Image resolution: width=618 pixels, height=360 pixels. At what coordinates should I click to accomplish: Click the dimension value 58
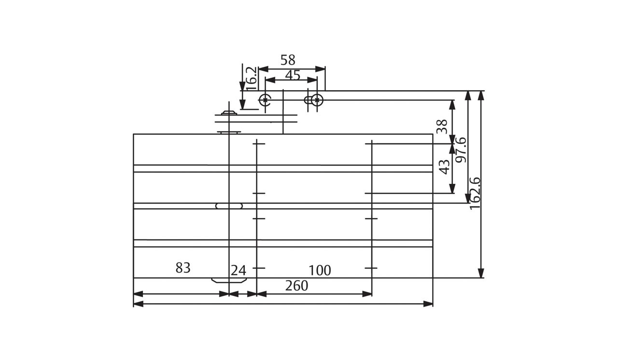[288, 60]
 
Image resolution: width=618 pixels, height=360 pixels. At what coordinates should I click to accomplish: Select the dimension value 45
[293, 75]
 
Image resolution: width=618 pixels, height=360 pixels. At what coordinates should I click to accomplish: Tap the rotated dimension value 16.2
[251, 78]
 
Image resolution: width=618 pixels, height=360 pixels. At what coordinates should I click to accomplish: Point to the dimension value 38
[442, 126]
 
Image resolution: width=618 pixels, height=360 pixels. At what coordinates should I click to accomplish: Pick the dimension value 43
[444, 167]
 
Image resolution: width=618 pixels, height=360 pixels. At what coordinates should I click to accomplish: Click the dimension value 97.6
[461, 150]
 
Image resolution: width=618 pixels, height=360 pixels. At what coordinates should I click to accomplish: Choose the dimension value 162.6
[475, 193]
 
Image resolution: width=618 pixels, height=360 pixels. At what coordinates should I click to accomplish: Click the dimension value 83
[183, 268]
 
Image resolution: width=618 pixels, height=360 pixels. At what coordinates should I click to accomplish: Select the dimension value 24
[238, 271]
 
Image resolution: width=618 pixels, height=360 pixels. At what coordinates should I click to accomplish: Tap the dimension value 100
[320, 271]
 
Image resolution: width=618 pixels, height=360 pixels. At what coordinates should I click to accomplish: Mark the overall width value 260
[296, 286]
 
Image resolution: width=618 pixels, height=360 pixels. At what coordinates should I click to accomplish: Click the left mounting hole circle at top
[265, 100]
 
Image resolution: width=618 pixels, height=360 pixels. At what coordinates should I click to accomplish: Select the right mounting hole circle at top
[317, 100]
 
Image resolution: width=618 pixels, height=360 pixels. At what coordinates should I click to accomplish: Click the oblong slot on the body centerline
[229, 206]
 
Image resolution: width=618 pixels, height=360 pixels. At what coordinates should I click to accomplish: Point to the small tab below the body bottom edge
[229, 280]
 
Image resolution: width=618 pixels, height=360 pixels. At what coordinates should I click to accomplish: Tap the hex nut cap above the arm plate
[229, 113]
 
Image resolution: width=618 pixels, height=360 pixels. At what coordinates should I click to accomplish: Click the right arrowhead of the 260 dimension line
[428, 304]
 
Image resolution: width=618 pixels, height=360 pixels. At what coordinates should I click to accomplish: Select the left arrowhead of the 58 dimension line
[264, 69]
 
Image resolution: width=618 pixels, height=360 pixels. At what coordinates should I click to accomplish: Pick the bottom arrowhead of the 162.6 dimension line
[481, 273]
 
